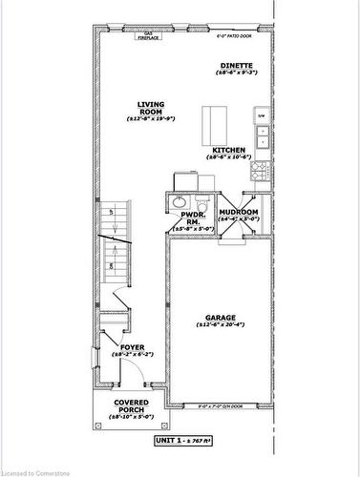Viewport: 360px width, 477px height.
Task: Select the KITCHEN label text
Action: [x=229, y=151]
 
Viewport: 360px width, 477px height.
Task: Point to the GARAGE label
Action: [x=220, y=318]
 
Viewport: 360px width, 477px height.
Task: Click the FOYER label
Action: [x=132, y=347]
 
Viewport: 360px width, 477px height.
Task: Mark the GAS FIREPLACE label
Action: [x=148, y=36]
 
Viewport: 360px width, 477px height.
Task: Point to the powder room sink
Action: [x=178, y=202]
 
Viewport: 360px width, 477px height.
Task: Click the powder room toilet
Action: [x=201, y=203]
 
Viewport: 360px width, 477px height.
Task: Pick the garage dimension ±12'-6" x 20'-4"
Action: [x=220, y=325]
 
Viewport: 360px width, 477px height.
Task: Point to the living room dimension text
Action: [x=152, y=119]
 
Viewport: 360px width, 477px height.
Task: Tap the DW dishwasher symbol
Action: [x=261, y=115]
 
